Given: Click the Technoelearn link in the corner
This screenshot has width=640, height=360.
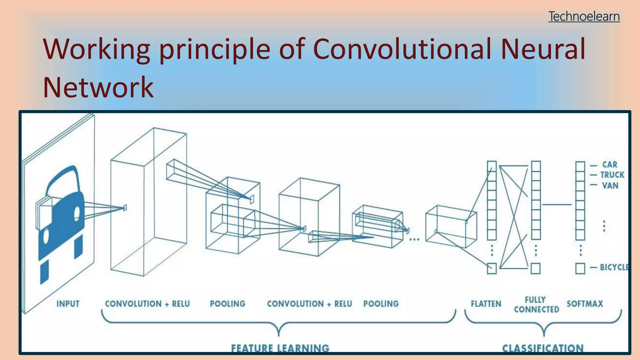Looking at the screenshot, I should coord(584,16).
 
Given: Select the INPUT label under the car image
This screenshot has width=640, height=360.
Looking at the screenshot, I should coord(68,304).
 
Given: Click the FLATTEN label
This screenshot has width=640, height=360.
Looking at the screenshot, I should coord(486,304).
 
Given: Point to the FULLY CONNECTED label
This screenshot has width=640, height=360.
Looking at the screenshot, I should coord(536,305).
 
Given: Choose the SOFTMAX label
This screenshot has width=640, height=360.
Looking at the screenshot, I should coord(585,304).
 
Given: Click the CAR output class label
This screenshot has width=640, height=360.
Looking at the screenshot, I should coord(610,165).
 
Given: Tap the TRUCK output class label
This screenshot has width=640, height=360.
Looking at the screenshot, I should coord(612,175).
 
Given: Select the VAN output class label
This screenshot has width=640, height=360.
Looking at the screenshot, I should coord(610,186).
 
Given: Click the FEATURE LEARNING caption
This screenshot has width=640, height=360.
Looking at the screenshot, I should coord(280,348).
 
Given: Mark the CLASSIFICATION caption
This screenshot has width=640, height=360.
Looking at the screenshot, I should coord(543,348).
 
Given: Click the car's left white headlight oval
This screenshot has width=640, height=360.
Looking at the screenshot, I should coord(46,236).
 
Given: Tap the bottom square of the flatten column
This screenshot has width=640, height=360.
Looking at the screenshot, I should coord(492,268).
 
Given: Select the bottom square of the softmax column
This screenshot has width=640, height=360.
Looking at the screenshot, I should coord(580,268).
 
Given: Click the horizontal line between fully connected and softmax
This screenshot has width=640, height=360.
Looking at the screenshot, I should coord(557,205).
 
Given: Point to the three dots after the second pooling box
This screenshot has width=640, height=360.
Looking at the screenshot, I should coord(414,240).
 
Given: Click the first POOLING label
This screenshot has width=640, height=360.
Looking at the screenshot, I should coord(227,304).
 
